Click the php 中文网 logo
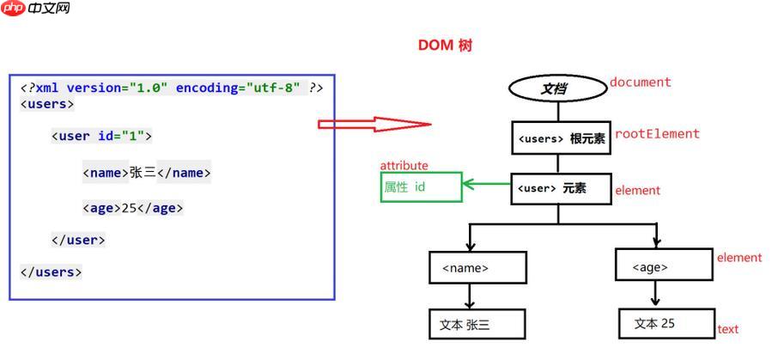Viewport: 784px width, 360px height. coord(35,9)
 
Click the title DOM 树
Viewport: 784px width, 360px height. coord(445,46)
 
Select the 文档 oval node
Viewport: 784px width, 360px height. coord(558,88)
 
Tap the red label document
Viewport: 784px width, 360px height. coord(640,82)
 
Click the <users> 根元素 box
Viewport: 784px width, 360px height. coord(560,138)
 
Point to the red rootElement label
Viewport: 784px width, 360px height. coord(657,134)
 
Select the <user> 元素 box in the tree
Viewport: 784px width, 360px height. coord(560,189)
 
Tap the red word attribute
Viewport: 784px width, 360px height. coord(404,165)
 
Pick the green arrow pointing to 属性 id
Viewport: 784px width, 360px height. coord(486,183)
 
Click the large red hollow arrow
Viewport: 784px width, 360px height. coord(374,125)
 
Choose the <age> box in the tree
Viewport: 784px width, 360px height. coord(663,265)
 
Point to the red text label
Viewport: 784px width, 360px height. coord(727,329)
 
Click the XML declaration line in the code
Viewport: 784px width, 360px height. coord(172,88)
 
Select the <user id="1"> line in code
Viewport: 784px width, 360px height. coord(101,136)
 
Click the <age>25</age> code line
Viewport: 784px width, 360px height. coord(133,208)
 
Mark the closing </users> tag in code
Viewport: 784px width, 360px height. coord(52,272)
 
